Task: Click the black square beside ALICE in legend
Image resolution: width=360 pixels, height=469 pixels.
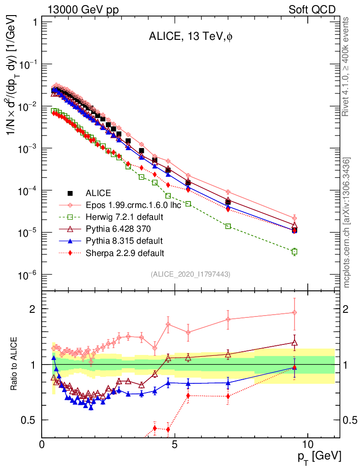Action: click(x=71, y=193)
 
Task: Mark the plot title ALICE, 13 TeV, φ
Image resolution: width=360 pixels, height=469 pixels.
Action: click(x=191, y=38)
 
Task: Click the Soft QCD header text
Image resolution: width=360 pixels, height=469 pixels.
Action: click(x=312, y=10)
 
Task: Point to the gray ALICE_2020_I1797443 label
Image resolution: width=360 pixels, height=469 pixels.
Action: click(x=190, y=274)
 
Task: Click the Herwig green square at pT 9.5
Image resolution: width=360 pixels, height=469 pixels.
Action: click(x=295, y=251)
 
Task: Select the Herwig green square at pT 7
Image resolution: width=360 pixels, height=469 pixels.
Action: click(x=228, y=226)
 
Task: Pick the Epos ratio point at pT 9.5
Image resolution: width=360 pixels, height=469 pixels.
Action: click(x=295, y=312)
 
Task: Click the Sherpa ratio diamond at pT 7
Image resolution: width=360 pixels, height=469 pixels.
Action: click(x=228, y=396)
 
